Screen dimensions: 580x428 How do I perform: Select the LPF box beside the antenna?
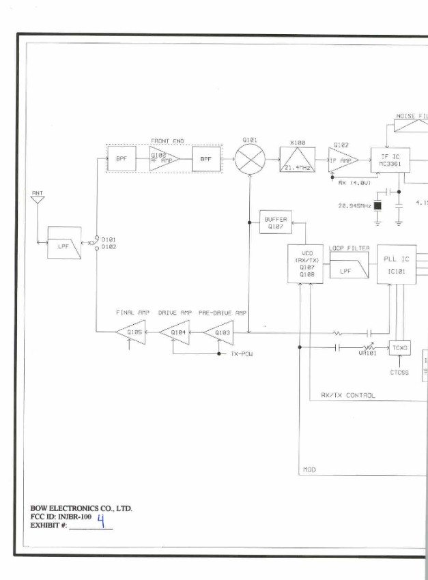click(64, 244)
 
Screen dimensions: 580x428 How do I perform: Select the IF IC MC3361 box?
click(390, 160)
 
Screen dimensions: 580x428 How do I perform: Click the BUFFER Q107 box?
click(276, 222)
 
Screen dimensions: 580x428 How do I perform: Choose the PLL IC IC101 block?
click(397, 264)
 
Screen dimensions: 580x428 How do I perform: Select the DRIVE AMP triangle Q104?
click(175, 332)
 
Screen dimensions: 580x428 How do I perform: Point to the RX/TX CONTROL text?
click(347, 395)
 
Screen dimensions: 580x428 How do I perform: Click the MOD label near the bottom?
click(309, 469)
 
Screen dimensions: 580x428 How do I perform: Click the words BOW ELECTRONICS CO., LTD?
click(81, 508)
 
